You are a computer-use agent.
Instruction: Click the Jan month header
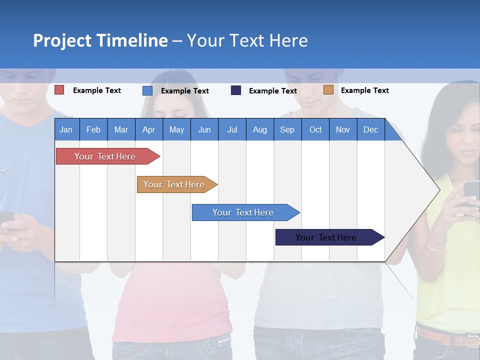coord(66,129)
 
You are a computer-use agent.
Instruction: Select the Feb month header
coord(93,129)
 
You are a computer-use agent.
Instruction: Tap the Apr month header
coord(148,129)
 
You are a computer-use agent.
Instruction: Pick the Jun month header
coord(204,129)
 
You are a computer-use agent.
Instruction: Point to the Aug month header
coord(259,129)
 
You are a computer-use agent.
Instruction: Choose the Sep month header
coord(287,129)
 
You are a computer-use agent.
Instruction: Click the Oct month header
coord(315,129)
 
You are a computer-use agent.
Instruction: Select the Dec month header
coord(370,129)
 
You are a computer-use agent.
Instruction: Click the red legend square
coord(59,90)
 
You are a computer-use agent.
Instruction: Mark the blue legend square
coord(147,90)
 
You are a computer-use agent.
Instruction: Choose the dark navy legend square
coord(236,90)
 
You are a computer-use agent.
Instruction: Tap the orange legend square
coord(328,90)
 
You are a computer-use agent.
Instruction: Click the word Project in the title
coord(62,40)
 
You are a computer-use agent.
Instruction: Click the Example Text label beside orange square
coord(364,90)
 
